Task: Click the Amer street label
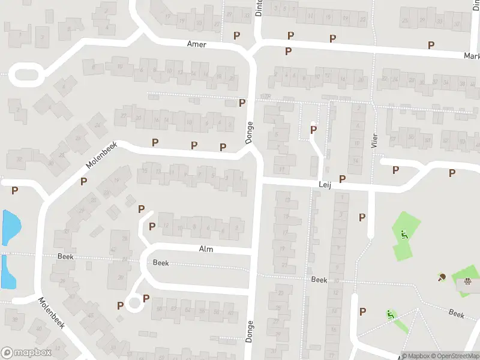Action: point(196,44)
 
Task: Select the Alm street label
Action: point(206,248)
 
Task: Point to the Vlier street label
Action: point(373,143)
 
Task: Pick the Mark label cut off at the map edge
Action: point(471,56)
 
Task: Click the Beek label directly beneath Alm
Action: point(161,263)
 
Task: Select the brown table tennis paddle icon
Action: point(442,277)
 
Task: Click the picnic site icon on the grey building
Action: point(466,280)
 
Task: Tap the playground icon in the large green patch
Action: point(404,235)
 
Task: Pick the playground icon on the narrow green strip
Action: point(391,314)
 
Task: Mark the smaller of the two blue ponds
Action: point(8,271)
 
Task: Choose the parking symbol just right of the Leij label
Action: point(342,179)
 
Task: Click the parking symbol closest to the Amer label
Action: point(236,35)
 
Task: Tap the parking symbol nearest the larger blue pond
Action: point(15,190)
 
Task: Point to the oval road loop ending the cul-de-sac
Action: point(24,76)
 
